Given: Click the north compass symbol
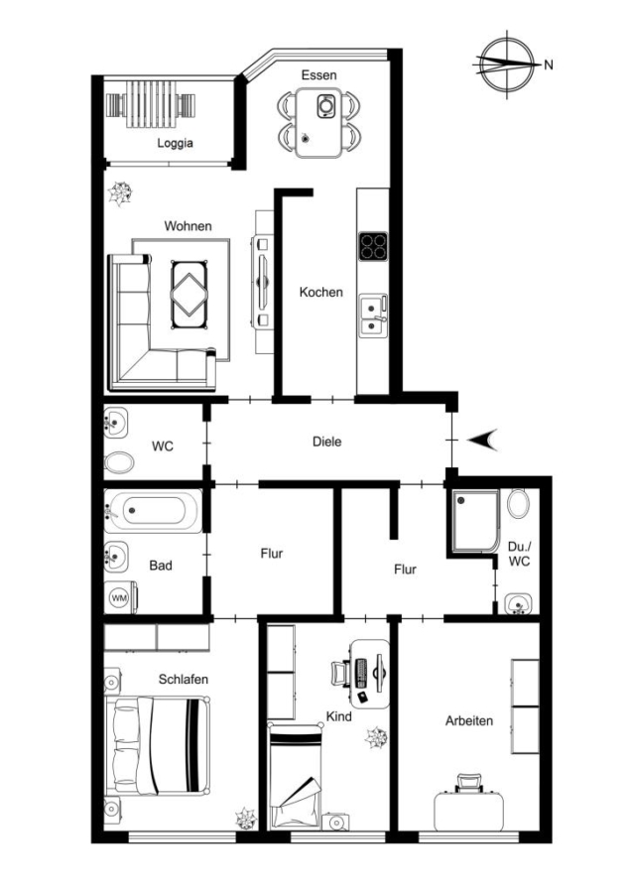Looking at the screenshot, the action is [507, 64].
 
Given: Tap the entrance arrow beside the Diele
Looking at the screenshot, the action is [484, 441].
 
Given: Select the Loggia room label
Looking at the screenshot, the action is [175, 143].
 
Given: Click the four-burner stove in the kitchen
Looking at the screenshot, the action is [373, 247].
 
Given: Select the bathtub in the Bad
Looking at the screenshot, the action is [153, 511].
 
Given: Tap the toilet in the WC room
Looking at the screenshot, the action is [119, 462].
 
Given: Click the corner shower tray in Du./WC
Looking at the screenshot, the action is [475, 522].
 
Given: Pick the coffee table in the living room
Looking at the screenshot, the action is [189, 295].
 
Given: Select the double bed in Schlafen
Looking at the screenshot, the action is [158, 745].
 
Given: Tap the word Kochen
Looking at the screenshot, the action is [321, 292].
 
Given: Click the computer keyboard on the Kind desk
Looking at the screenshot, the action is [361, 673].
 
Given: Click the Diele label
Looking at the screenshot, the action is [327, 442].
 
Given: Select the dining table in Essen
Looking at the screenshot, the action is [318, 122].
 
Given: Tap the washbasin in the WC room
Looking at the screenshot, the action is [116, 423].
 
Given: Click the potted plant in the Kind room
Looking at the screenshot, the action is [376, 737].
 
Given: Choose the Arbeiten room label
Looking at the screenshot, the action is [469, 721].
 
